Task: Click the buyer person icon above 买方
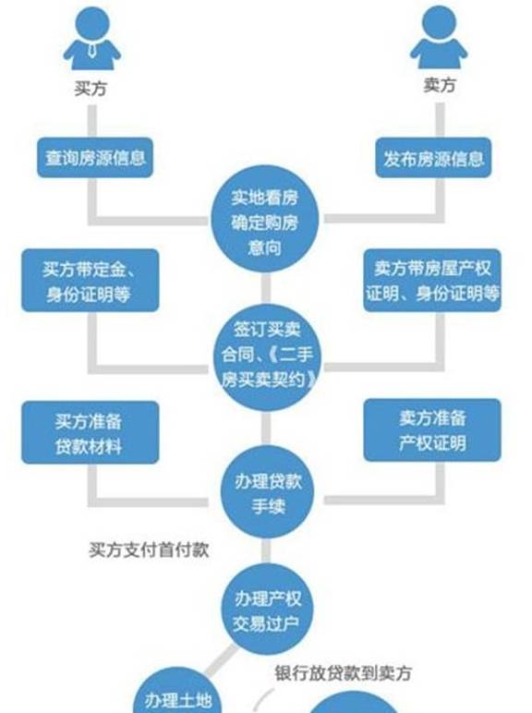click(91, 38)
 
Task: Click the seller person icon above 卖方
click(439, 37)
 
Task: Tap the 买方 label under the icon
click(91, 89)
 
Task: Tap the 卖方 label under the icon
click(440, 85)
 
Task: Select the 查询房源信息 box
click(95, 157)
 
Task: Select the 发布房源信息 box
click(433, 158)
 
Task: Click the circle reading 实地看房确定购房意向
click(265, 220)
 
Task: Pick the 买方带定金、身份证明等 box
click(90, 280)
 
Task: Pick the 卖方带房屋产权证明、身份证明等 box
click(432, 280)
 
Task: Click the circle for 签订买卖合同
click(267, 356)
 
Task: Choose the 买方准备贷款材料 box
click(90, 432)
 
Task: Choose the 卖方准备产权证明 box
click(432, 430)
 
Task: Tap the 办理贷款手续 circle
click(267, 492)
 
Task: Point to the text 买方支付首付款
click(149, 550)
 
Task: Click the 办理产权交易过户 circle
click(267, 610)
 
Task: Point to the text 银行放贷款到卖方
click(344, 673)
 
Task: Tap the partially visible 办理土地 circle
click(177, 690)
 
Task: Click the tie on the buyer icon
click(92, 50)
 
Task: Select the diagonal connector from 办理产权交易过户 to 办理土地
click(222, 660)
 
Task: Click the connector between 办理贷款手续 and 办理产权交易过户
click(266, 550)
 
